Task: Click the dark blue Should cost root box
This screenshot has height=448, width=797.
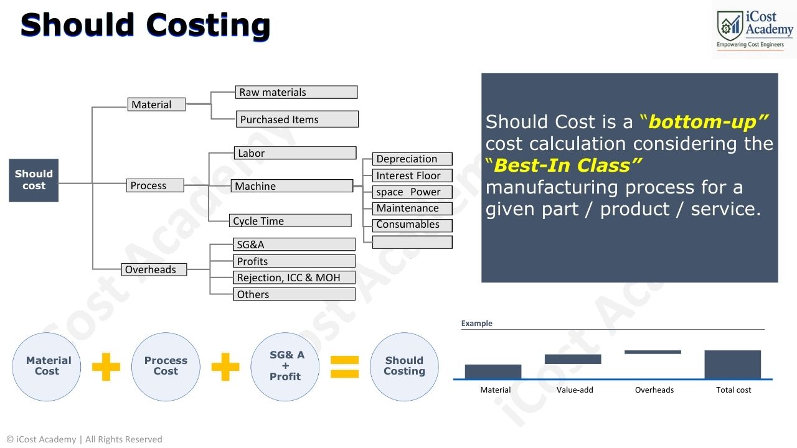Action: [34, 180]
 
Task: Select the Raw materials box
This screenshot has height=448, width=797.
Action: [296, 92]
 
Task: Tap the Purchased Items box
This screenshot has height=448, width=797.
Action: [297, 119]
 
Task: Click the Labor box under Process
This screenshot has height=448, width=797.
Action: [295, 153]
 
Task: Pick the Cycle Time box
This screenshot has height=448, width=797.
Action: [290, 221]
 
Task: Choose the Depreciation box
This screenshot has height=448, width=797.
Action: [412, 159]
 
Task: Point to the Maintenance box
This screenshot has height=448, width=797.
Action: [412, 208]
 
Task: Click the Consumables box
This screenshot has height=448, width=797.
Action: [412, 225]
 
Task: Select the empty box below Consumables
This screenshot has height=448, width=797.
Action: [412, 242]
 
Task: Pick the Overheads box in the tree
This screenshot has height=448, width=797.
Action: [154, 269]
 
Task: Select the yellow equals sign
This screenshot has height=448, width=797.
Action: [344, 367]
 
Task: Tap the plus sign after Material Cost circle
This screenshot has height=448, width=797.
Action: [106, 367]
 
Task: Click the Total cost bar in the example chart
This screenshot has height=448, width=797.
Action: [732, 365]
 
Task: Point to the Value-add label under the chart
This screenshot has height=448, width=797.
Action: [574, 390]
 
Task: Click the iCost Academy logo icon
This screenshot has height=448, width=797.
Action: [730, 26]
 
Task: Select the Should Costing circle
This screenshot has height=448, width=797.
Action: [404, 366]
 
